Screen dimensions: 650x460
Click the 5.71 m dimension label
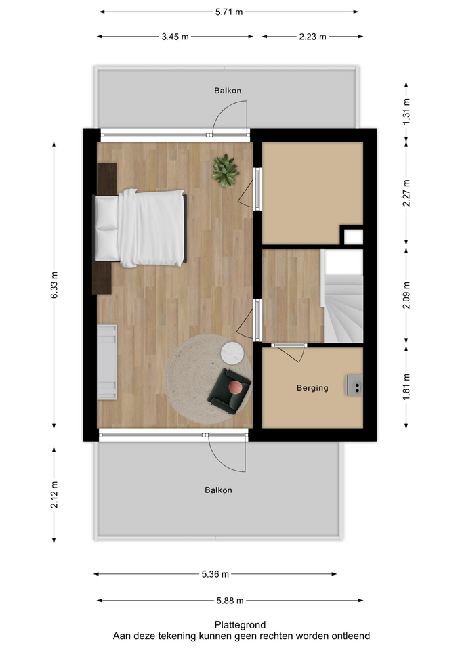coord(229,12)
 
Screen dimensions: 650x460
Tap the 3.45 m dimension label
coord(175,37)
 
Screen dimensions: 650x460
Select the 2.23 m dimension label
coord(312,37)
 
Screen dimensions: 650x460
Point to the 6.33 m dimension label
coord(55,284)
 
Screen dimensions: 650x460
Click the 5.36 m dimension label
coord(215,574)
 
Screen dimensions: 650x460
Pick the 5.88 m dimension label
coord(230,600)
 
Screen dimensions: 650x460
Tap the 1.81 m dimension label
coord(406,387)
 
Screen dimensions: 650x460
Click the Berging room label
coord(312,388)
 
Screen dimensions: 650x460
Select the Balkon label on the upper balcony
coord(228,91)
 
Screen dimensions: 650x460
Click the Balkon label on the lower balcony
coord(219,490)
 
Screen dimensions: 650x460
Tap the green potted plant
coord(224,170)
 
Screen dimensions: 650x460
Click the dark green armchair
coord(229,391)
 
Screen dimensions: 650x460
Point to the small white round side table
coord(232,352)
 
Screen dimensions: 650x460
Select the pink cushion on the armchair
coord(234,387)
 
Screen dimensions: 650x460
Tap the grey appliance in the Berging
coord(355,385)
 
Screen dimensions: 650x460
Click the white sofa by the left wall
coord(106,361)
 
